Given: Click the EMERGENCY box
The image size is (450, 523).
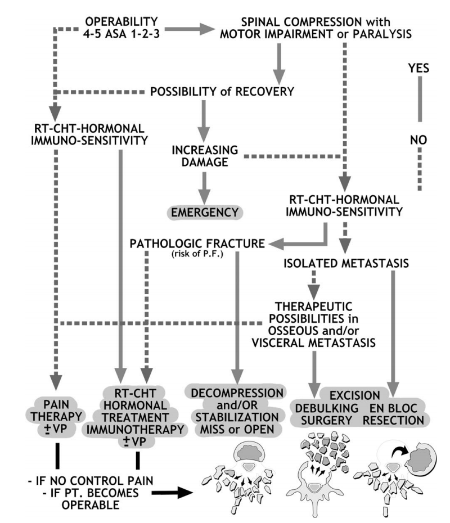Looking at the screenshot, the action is (x=205, y=213).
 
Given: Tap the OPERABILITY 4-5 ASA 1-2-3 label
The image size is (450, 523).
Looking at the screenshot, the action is (x=121, y=28).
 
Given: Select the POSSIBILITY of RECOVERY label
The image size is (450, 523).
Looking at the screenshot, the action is (x=222, y=92).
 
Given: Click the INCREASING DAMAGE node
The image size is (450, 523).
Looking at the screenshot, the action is (x=205, y=156).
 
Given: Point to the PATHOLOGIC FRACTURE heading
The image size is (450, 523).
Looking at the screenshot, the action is (x=197, y=244).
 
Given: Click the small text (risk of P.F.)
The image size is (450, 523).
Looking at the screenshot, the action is (x=197, y=254).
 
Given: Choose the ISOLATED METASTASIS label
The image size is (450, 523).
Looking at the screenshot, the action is (x=346, y=263).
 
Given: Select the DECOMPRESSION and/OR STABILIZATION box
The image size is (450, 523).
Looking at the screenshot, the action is (x=237, y=411).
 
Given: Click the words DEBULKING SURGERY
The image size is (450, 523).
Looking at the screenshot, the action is (x=327, y=414).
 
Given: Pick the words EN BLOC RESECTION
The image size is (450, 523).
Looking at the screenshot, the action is (x=393, y=414).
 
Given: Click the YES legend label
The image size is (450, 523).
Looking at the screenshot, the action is (x=418, y=68).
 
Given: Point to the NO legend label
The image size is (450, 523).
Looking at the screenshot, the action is (x=418, y=140).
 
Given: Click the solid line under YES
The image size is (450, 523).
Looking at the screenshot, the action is (x=420, y=100).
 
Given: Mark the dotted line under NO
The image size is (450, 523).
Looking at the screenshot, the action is (x=420, y=169).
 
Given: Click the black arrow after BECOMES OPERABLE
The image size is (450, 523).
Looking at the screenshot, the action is (x=173, y=492).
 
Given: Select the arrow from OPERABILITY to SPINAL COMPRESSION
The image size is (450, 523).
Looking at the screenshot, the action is (x=190, y=29).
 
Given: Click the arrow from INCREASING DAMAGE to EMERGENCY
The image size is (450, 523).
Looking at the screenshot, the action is (x=204, y=188).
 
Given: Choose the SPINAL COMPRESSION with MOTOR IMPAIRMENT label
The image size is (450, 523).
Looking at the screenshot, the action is (x=316, y=28).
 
